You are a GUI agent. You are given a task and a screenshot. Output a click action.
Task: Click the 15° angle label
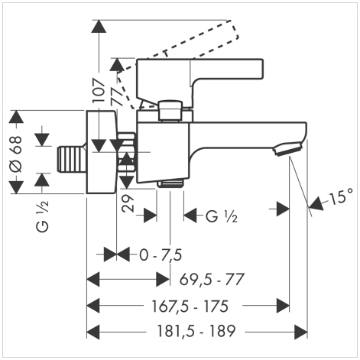[342, 197]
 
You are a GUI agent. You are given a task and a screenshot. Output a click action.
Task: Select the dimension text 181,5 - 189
[196, 331]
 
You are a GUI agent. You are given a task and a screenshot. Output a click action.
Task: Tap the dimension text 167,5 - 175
[190, 306]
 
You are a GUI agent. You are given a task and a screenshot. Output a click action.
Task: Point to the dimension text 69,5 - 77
[212, 280]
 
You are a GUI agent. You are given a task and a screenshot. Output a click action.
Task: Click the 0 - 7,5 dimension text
[161, 255]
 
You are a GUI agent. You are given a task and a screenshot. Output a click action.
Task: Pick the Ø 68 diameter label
[16, 154]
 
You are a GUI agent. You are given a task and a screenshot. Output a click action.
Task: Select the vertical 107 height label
[99, 90]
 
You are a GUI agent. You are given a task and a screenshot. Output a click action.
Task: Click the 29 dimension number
[128, 203]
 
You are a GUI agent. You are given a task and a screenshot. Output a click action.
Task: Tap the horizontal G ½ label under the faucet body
[222, 217]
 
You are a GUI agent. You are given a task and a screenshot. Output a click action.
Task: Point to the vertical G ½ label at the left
[42, 216]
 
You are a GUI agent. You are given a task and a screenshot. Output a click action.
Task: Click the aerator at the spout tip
[287, 149]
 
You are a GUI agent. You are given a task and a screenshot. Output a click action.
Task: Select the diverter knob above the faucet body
[170, 111]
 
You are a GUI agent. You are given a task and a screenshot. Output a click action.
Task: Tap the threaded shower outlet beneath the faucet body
[170, 183]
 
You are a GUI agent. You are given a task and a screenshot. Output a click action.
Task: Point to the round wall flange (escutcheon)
[101, 152]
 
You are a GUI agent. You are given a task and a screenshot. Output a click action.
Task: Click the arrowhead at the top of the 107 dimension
[99, 26]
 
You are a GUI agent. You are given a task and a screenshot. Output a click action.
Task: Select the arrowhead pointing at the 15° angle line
[316, 203]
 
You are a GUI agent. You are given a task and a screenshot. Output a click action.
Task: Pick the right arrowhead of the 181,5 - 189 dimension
[301, 332]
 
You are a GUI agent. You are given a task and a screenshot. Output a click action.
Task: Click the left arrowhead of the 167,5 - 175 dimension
[93, 306]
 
